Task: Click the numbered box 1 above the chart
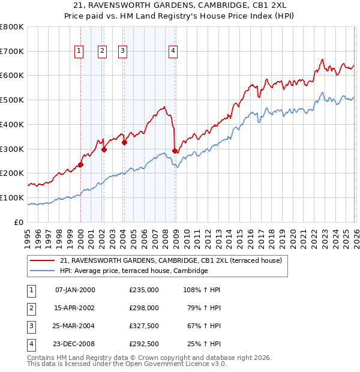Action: pos(79,52)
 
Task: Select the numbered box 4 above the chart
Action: pos(173,52)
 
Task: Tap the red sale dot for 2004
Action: pos(125,142)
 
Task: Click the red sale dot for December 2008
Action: pos(175,151)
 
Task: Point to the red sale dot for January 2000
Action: pos(80,164)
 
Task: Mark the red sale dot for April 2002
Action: pos(104,149)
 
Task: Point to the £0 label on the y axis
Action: pos(19,222)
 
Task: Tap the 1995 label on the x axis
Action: pos(28,234)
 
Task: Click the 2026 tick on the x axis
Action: pos(356,234)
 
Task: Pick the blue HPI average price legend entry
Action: pos(133,271)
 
